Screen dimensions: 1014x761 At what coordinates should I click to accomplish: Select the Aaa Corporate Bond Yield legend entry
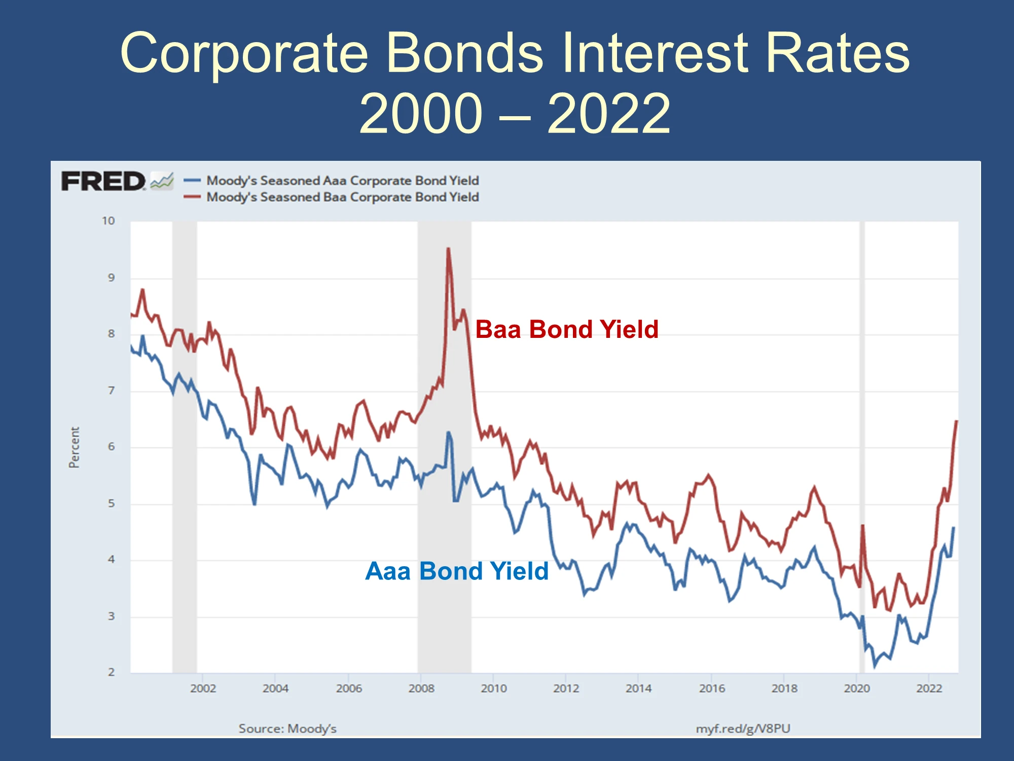tap(331, 181)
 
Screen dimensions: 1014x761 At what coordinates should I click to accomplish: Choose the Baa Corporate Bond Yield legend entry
tap(331, 197)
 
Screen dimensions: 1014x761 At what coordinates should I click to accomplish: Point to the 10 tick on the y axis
tap(108, 221)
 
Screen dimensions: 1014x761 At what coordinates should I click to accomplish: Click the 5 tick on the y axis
tap(111, 503)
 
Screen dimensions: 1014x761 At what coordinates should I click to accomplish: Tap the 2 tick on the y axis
tap(111, 672)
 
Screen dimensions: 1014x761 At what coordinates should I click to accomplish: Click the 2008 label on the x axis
tap(421, 688)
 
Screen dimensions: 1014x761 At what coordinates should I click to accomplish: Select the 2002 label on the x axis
tap(203, 688)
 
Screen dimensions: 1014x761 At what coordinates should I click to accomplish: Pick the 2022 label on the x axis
tap(929, 688)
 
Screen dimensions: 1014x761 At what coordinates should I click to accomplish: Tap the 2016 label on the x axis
tap(712, 688)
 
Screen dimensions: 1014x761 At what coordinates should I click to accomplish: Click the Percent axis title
tap(74, 447)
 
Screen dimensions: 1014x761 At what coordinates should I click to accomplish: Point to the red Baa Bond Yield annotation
tap(567, 329)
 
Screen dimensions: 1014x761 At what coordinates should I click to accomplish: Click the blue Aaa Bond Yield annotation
tap(457, 571)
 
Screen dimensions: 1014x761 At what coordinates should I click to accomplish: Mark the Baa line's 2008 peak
tap(448, 249)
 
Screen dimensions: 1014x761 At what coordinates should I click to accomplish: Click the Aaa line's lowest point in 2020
tap(875, 666)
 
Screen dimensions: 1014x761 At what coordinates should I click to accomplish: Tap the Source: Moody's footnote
tap(287, 729)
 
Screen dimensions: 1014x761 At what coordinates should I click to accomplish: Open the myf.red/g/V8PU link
tap(743, 729)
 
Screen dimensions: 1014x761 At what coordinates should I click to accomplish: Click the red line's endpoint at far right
tap(956, 421)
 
